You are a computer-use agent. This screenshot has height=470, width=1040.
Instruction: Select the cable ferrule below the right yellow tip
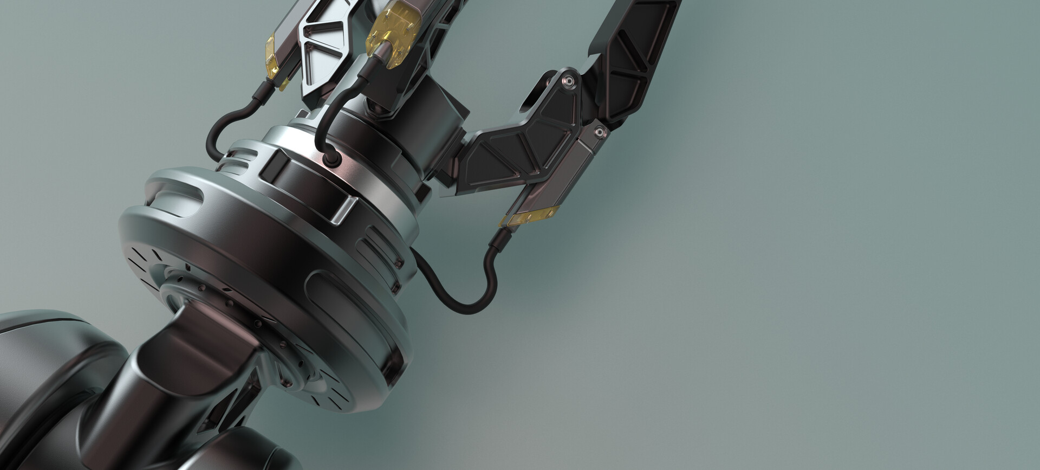pyautogui.click(x=497, y=239)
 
